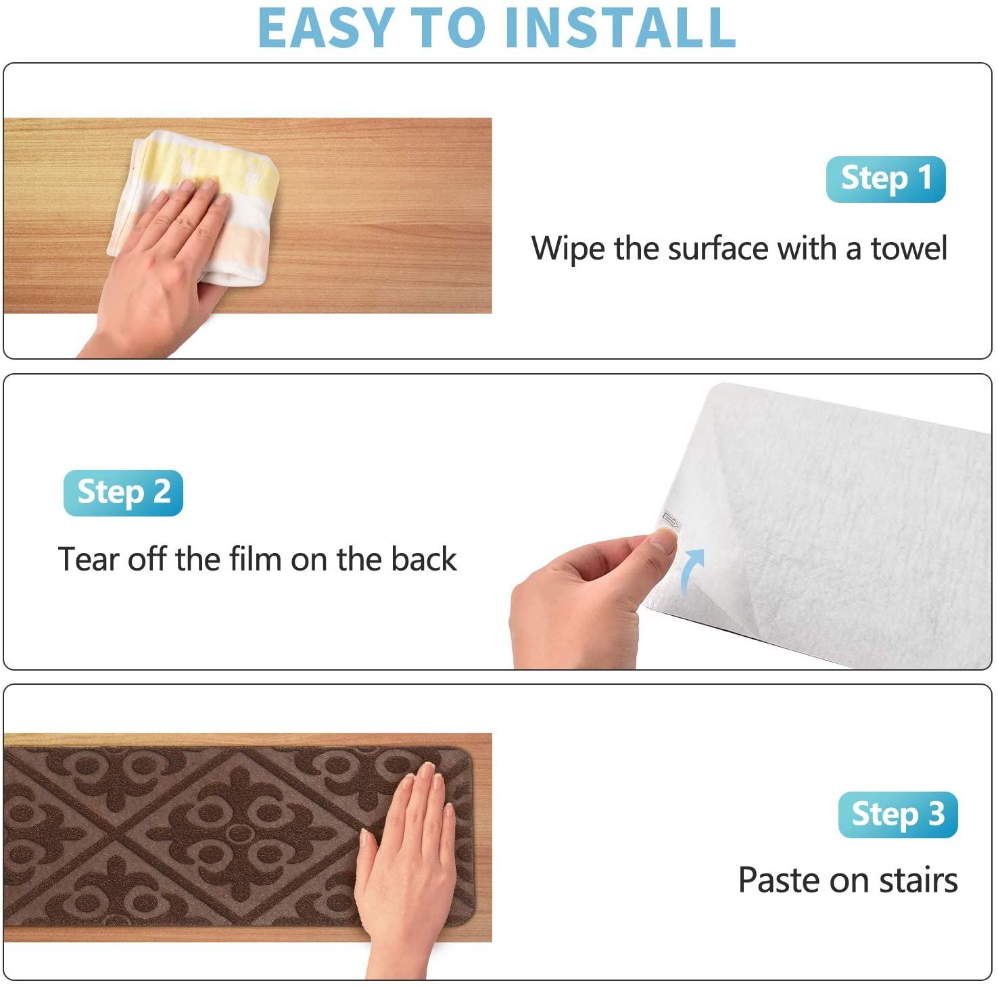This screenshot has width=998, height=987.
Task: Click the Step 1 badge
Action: pos(885,179)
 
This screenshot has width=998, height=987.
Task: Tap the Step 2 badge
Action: pos(123,493)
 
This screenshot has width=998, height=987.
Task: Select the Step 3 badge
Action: pos(897,815)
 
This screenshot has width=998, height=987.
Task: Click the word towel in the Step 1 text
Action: pos(908,248)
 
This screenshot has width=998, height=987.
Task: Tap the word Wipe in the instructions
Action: pos(568,248)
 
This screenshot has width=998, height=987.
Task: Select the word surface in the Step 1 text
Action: pos(718,248)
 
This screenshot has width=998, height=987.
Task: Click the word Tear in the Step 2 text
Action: pos(87,559)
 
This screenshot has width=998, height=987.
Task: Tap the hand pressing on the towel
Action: pos(162,257)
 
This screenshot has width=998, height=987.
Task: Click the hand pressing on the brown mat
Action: pos(406,859)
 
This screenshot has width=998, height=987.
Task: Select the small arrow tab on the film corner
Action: pos(672,520)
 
